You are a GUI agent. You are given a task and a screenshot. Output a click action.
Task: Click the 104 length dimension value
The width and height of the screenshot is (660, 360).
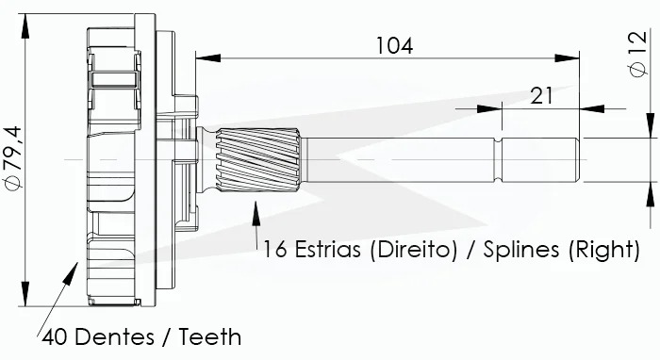[x=394, y=45]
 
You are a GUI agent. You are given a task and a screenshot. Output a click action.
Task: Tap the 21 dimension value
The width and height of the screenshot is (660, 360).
[x=542, y=95]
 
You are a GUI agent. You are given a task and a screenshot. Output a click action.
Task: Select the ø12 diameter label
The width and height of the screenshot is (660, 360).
[x=638, y=54]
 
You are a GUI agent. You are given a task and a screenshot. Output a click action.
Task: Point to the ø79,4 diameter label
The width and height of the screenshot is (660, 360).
[x=13, y=158]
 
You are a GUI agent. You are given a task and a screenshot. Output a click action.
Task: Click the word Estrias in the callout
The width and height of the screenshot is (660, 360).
[x=327, y=249]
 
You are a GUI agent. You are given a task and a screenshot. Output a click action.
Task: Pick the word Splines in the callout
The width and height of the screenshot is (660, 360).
[x=521, y=250]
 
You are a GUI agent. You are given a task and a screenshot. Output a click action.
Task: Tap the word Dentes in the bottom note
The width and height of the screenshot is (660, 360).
[x=115, y=336]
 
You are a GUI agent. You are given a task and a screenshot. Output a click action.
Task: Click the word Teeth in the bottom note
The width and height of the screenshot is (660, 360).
[x=210, y=336]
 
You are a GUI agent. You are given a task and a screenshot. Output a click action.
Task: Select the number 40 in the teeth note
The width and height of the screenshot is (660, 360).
[x=55, y=336]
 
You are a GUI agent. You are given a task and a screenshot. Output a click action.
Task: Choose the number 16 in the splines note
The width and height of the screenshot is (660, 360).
[x=275, y=249]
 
